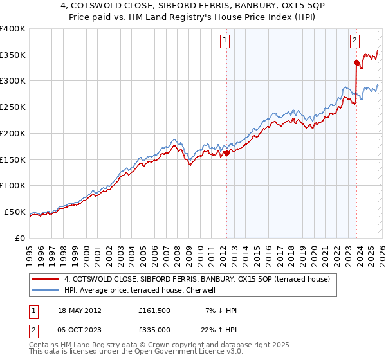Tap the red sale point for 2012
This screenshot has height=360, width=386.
click(x=226, y=153)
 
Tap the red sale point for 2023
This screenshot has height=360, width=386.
click(x=356, y=62)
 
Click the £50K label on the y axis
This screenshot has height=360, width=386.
click(x=14, y=212)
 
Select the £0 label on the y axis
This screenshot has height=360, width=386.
click(x=21, y=238)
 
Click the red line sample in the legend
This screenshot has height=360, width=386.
click(x=46, y=280)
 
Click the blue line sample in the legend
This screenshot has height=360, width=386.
click(x=46, y=291)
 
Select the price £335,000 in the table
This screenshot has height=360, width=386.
click(x=154, y=329)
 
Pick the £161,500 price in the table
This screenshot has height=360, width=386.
click(x=154, y=310)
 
